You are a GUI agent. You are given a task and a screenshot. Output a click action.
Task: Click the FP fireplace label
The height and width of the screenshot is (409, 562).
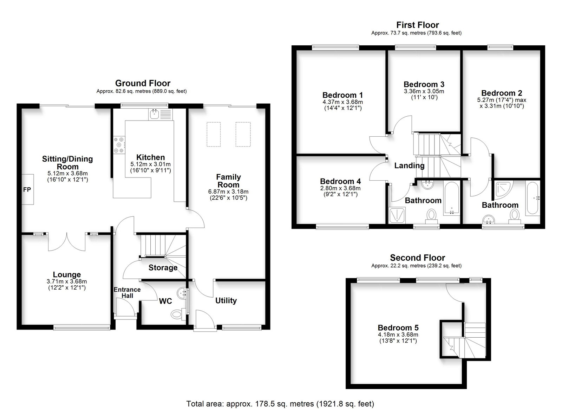coord(27,190)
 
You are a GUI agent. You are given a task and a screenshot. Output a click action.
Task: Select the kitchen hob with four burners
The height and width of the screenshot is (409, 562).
coord(119,145)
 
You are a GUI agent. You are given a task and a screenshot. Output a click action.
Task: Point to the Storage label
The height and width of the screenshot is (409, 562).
coord(163,268)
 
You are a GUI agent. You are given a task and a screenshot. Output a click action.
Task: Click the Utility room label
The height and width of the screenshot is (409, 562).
coord(226,300)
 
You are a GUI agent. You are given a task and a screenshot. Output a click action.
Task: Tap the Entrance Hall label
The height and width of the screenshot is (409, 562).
coord(127,293)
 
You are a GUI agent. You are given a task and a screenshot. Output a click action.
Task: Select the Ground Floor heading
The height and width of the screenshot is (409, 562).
coord(143,83)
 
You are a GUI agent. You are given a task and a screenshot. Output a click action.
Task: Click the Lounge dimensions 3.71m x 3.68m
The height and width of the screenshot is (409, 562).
coord(67,281)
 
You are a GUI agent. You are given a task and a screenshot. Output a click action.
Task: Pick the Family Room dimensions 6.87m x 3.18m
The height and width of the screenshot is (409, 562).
coord(228,192)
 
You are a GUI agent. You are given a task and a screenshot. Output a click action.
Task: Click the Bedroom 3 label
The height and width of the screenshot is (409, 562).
coord(424,84)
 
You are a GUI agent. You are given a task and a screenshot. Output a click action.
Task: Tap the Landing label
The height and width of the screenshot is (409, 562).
coord(410,165)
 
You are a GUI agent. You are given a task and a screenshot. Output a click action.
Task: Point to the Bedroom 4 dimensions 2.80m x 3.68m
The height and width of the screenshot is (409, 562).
coord(340,188)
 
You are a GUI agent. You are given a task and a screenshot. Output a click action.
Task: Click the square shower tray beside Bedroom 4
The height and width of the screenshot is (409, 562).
coord(397,215)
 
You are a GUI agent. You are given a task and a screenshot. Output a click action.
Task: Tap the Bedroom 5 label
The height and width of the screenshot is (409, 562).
coord(398,328)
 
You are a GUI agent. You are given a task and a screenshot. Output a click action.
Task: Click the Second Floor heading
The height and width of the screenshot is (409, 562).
coord(418,258)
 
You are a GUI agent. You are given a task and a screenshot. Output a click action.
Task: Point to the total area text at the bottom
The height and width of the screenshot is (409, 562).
coord(280,404)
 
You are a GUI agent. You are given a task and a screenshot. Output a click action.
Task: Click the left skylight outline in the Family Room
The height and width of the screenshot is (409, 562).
coord(214,134)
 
